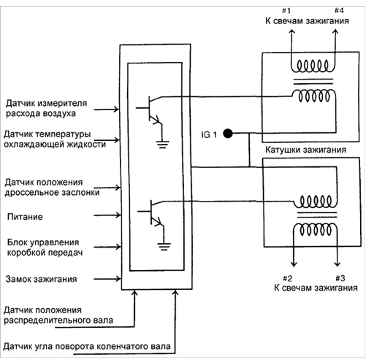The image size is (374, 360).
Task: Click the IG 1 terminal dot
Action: [228, 134]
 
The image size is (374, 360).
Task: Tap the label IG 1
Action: [209, 134]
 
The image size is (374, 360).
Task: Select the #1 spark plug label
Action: [286, 11]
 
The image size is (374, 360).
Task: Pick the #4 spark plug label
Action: [339, 10]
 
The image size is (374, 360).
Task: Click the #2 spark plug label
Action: [288, 278]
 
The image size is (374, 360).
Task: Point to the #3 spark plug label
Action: [340, 278]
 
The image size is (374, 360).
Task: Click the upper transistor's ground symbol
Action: [163, 145]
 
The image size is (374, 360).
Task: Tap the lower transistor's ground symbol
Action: [164, 247]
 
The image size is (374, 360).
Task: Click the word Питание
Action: [25, 217]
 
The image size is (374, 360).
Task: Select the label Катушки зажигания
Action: [305, 150]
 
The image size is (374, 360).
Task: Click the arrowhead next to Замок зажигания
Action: [118, 279]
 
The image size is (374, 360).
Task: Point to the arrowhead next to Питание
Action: [118, 215]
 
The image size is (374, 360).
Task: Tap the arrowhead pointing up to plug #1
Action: [291, 31]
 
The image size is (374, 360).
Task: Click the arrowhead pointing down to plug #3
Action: [337, 264]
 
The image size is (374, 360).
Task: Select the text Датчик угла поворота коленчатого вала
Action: [87, 346]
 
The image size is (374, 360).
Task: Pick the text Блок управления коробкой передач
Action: [45, 248]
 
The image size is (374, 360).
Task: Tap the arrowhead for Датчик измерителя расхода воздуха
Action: [117, 110]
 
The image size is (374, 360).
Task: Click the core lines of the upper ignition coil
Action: [313, 81]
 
